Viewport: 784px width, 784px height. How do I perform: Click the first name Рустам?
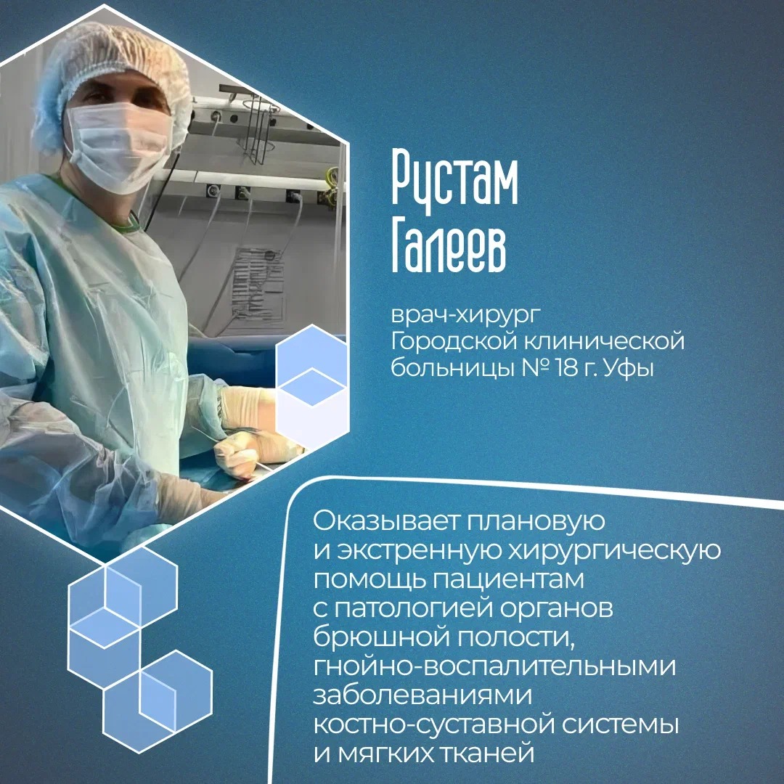[x=454, y=181]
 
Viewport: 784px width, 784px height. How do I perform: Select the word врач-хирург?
[x=465, y=315]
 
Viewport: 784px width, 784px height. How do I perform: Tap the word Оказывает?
[x=386, y=521]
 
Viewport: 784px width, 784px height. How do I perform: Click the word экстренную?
[x=419, y=551]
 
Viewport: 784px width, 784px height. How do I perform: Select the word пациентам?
[x=508, y=580]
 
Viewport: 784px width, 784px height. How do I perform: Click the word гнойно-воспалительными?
[x=494, y=666]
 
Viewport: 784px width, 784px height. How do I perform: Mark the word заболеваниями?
[x=422, y=695]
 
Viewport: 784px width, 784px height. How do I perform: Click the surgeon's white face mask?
[x=119, y=145]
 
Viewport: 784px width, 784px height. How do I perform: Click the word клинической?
[x=604, y=341]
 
